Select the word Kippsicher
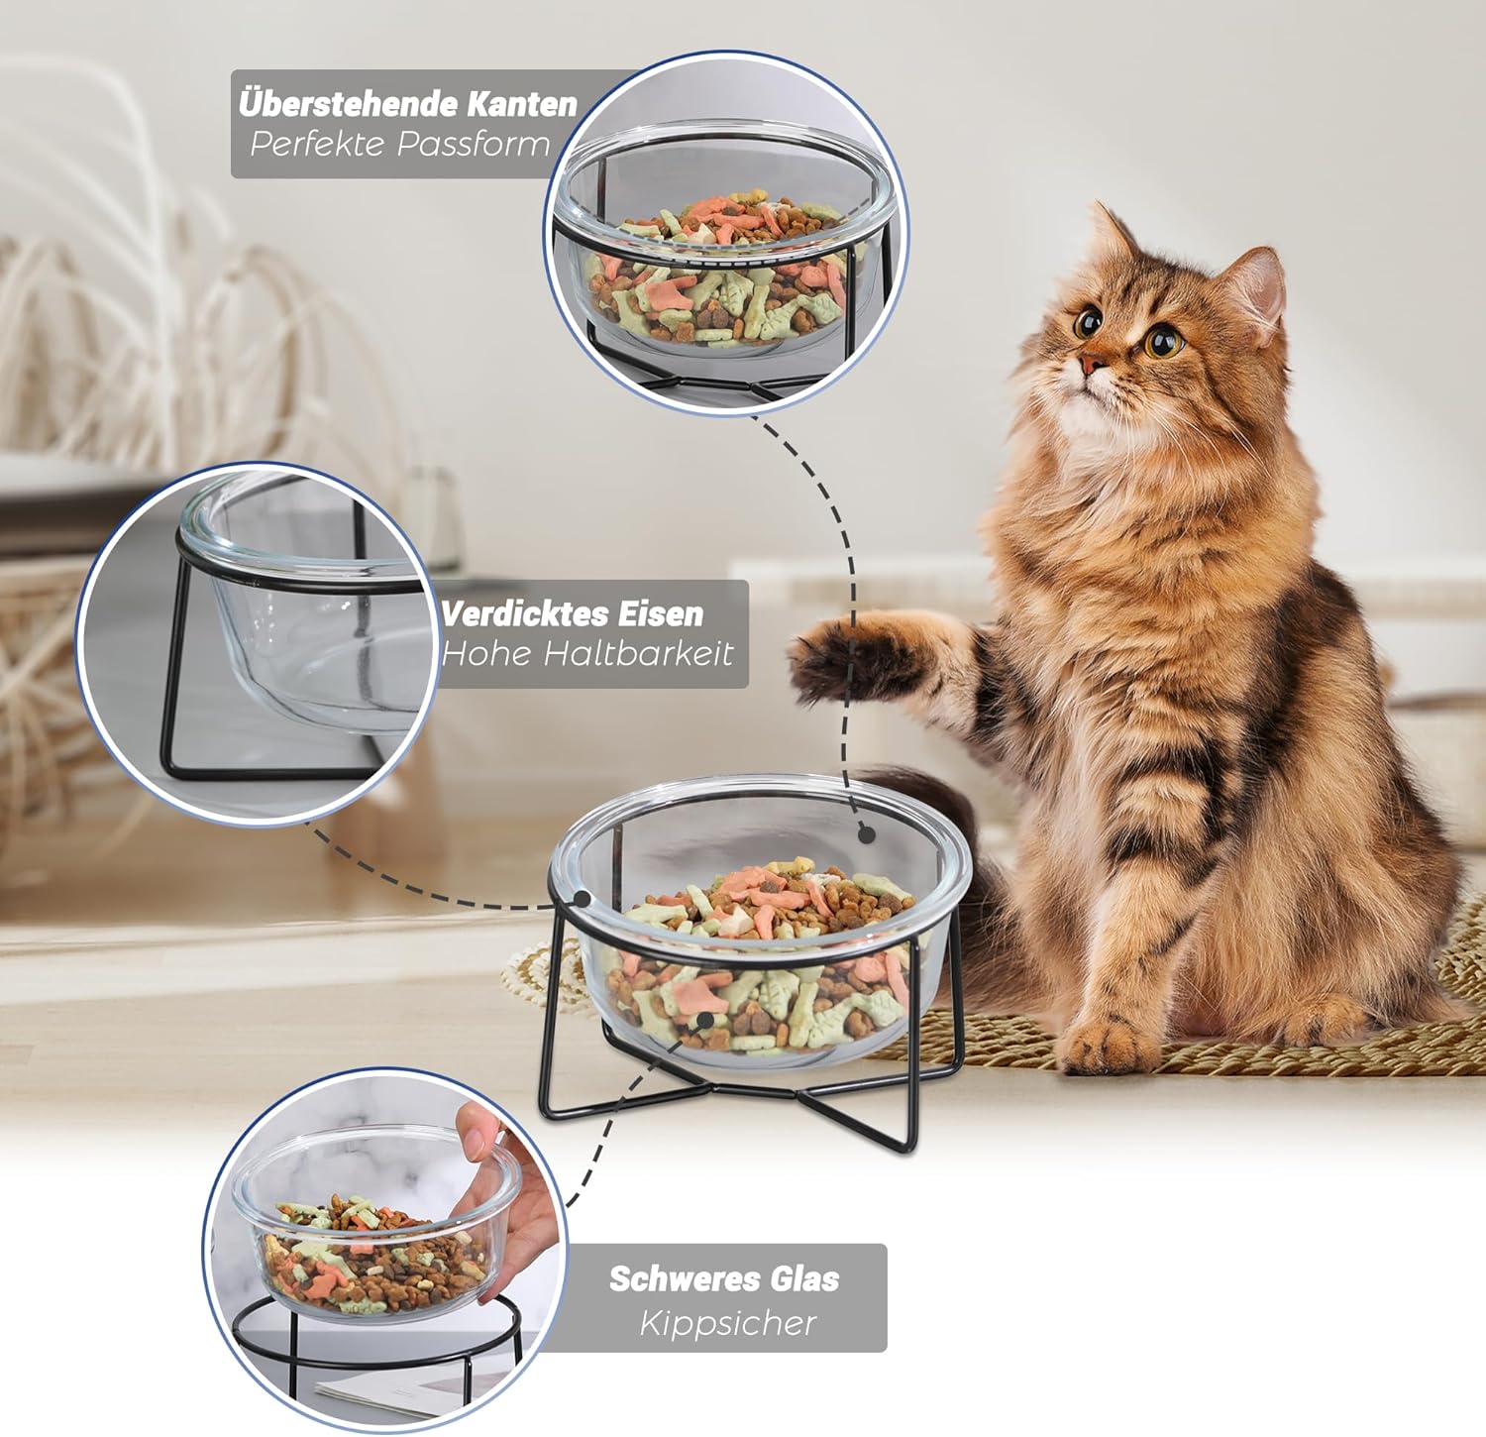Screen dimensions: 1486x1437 coord(728,1323)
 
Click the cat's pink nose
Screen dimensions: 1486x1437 coord(1090,364)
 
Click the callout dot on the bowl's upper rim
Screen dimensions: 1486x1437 coord(867,834)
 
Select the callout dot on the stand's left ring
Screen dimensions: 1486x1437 coord(583,899)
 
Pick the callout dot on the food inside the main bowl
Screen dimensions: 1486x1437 coord(704,1020)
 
